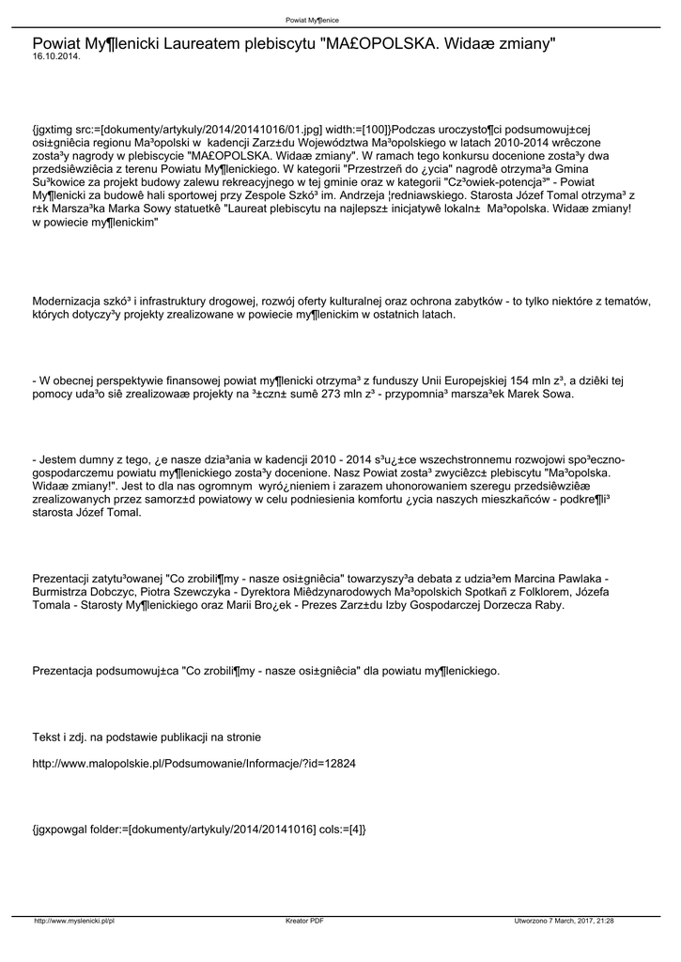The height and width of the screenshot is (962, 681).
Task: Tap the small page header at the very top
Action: (313, 20)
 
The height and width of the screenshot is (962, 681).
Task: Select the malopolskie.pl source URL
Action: (193, 764)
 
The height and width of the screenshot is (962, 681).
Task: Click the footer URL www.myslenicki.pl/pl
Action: (74, 921)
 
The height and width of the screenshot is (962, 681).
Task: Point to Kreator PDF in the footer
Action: (304, 921)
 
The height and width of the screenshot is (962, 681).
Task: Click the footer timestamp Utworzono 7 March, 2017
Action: (564, 921)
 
